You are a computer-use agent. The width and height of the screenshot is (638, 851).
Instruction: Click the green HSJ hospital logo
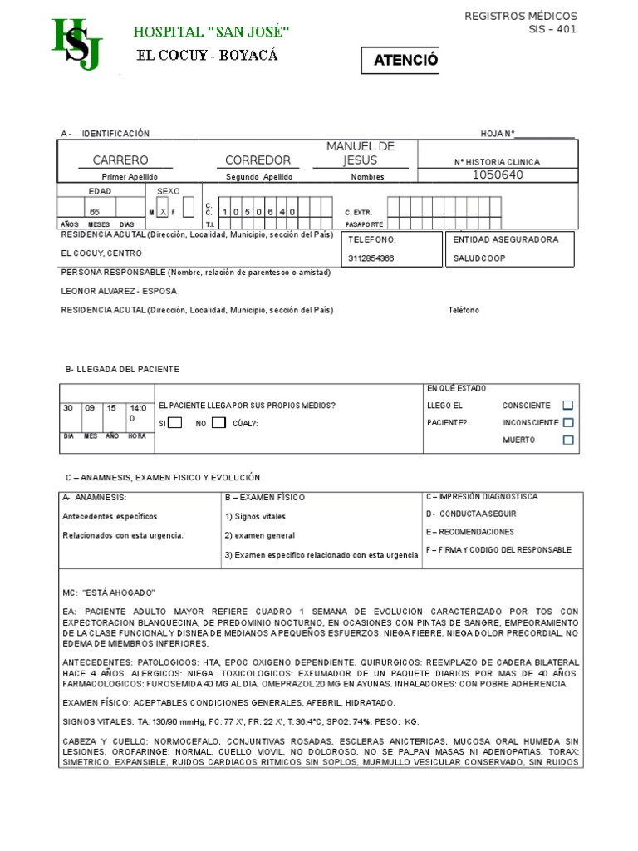pyautogui.click(x=77, y=44)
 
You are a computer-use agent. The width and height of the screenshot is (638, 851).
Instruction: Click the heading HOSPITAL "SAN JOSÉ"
pyautogui.click(x=212, y=32)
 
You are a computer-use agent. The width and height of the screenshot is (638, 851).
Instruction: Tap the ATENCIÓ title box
pyautogui.click(x=400, y=61)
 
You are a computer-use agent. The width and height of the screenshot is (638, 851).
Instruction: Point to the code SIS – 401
pyautogui.click(x=552, y=30)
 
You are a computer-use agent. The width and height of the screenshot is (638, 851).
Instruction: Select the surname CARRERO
pyautogui.click(x=120, y=160)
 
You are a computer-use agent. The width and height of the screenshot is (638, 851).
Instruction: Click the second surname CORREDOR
pyautogui.click(x=258, y=160)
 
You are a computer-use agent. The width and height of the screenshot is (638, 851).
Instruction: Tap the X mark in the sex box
pyautogui.click(x=164, y=212)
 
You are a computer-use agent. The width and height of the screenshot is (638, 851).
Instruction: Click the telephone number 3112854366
pyautogui.click(x=371, y=258)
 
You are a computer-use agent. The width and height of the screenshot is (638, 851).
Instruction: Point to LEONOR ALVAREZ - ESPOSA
pyautogui.click(x=119, y=291)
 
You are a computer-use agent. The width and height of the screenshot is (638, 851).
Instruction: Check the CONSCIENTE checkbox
pyautogui.click(x=568, y=406)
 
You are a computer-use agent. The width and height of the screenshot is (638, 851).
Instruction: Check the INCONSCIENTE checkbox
pyautogui.click(x=568, y=423)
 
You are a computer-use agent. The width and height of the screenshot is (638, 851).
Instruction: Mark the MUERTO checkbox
pyautogui.click(x=568, y=440)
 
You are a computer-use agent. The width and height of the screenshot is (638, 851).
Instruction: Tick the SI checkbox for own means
pyautogui.click(x=175, y=423)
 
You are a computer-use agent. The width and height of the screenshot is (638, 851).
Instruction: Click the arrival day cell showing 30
pyautogui.click(x=70, y=408)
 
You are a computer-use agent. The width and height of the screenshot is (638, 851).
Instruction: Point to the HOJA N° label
pyautogui.click(x=498, y=134)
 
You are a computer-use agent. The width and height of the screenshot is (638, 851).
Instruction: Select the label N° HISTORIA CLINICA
pyautogui.click(x=497, y=162)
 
